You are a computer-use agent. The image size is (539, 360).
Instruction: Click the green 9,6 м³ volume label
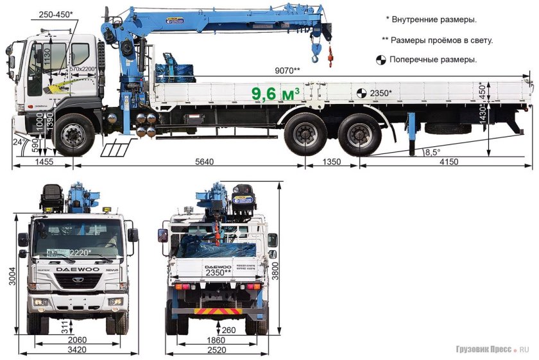(276, 94)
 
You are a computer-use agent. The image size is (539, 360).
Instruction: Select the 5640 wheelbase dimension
(204, 162)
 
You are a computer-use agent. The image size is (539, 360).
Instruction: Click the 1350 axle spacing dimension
(331, 162)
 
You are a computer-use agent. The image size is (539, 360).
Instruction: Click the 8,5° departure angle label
(433, 151)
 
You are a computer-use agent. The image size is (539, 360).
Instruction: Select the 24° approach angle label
(19, 141)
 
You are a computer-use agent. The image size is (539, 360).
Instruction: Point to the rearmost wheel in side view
(359, 135)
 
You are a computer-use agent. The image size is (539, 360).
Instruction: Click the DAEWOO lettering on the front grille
(78, 269)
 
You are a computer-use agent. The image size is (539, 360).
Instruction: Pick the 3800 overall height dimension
(274, 266)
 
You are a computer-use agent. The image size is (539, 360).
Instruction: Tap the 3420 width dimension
(78, 349)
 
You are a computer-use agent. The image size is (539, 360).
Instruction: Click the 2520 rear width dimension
(216, 349)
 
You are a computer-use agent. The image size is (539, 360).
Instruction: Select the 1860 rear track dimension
(216, 339)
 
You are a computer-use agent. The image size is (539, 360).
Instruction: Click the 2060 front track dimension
(78, 339)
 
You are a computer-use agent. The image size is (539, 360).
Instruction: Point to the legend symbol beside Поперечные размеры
(380, 60)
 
